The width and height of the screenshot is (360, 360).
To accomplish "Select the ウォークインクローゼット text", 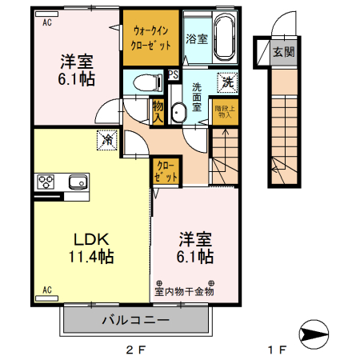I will click(x=151, y=38).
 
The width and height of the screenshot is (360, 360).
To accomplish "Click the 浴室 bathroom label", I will click(x=196, y=37).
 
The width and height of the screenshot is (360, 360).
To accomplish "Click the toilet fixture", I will click(x=145, y=82).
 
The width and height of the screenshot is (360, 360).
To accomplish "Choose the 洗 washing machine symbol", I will click(x=228, y=81).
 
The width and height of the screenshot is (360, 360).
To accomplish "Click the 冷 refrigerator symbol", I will click(x=107, y=140).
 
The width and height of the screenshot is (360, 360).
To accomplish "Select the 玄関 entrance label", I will click(x=283, y=53).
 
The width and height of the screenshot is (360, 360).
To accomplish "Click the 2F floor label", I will click(x=135, y=349).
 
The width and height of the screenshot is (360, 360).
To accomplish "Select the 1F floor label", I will click(x=276, y=349).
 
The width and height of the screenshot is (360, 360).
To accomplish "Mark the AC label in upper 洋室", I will click(x=47, y=23).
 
